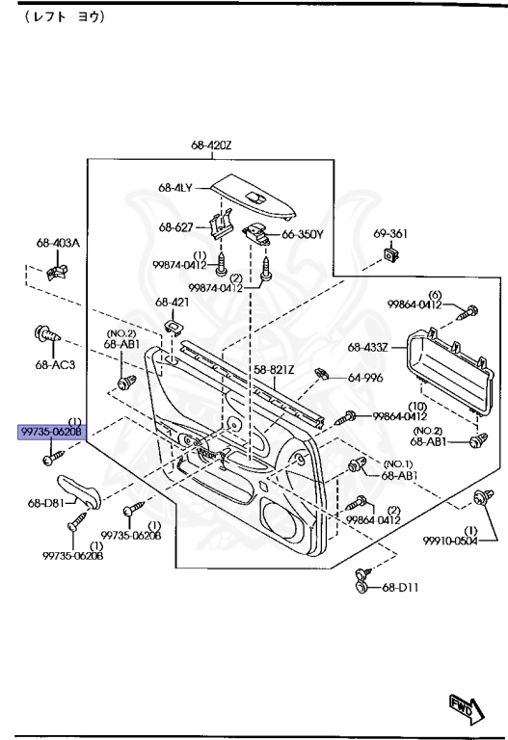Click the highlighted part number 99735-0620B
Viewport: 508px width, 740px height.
tap(51, 432)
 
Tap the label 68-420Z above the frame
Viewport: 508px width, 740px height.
tap(211, 145)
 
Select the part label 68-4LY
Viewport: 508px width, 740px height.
tap(175, 187)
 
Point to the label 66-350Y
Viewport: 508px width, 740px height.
tap(303, 234)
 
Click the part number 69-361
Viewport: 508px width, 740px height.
tap(390, 233)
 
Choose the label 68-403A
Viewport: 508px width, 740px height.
tap(58, 243)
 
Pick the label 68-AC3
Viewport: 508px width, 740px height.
tap(55, 364)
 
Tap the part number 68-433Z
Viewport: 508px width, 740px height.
tap(368, 347)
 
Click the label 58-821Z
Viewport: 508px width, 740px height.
tap(274, 370)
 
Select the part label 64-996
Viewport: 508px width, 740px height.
tap(365, 378)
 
